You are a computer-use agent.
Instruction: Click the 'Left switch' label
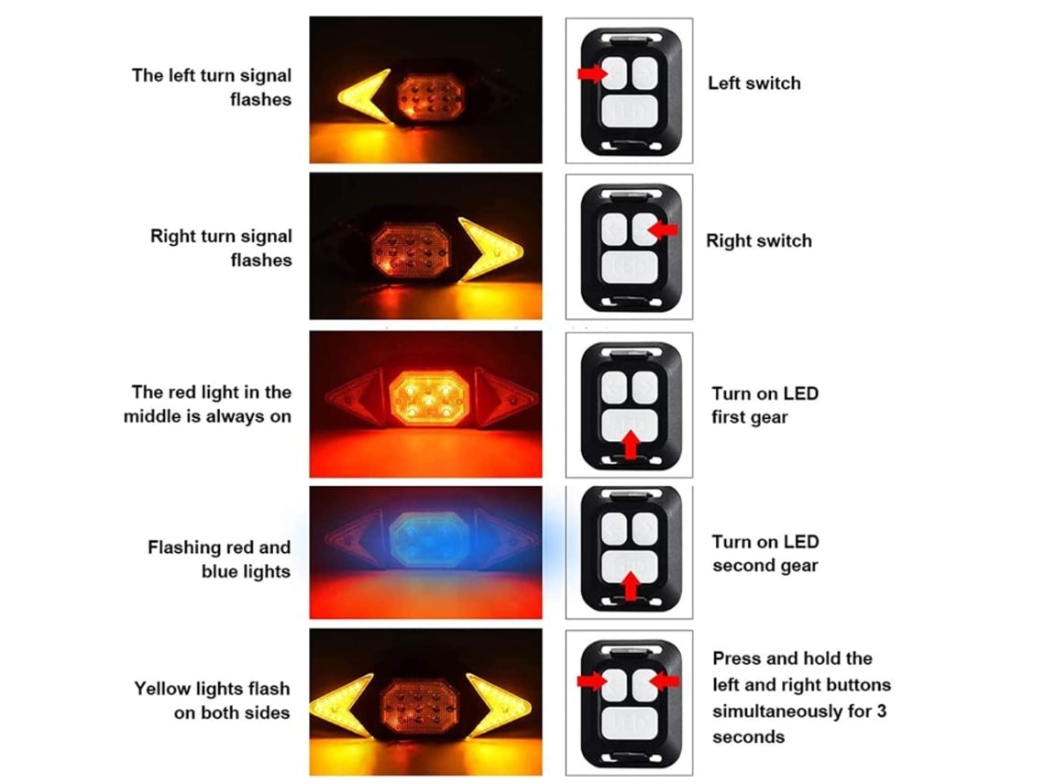(x=753, y=83)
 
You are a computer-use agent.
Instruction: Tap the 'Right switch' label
(x=759, y=240)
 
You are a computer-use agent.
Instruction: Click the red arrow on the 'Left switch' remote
(x=592, y=72)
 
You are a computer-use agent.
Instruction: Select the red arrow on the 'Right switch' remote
(x=663, y=230)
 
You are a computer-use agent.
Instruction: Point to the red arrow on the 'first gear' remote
(x=630, y=446)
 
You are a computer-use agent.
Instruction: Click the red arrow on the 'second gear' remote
(x=630, y=587)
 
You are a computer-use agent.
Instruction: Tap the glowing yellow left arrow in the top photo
(x=363, y=97)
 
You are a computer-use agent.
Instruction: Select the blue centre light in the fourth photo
(x=428, y=539)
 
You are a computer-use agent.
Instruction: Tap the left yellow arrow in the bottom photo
(x=341, y=705)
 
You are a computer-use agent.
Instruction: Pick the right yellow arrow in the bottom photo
(x=499, y=705)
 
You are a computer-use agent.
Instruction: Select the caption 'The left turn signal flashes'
(x=212, y=87)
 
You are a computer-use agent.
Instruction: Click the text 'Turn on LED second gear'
(x=765, y=553)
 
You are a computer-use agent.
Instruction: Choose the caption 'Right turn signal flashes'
(x=221, y=248)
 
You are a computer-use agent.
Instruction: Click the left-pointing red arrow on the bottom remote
(x=664, y=680)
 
